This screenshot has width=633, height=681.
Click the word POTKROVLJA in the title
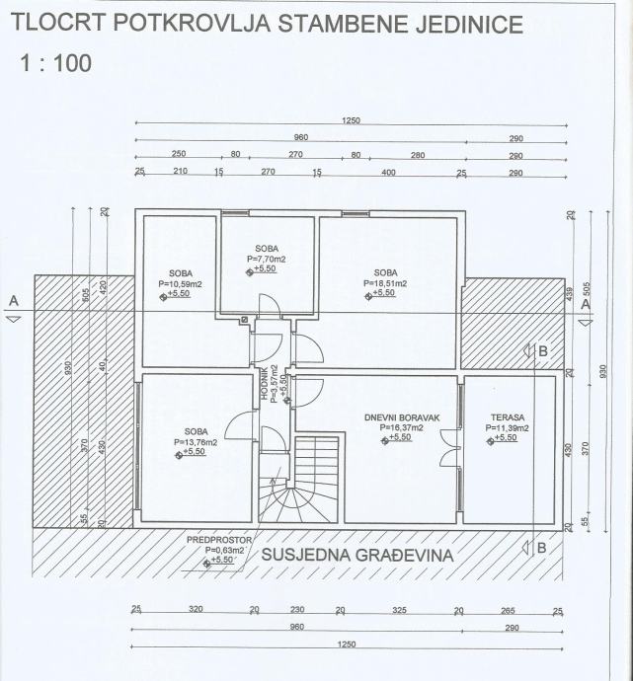click(x=192, y=23)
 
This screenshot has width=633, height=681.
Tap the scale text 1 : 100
click(x=56, y=63)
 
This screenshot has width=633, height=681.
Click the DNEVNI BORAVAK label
click(x=402, y=417)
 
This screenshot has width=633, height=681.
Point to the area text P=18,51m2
click(x=385, y=283)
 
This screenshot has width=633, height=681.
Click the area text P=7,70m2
click(x=267, y=259)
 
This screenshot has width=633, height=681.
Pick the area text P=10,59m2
click(x=181, y=284)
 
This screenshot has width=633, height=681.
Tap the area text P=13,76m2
click(x=196, y=442)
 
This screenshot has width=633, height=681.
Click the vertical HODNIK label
click(x=264, y=383)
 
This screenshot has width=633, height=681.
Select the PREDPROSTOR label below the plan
click(x=219, y=540)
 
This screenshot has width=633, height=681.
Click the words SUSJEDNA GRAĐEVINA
click(x=357, y=555)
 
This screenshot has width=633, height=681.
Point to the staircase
click(x=299, y=479)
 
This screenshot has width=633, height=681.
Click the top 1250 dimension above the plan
click(x=351, y=120)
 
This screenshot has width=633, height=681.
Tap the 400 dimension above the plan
click(x=388, y=172)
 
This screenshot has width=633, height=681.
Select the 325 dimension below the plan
click(x=399, y=610)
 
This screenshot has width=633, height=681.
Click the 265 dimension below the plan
click(x=508, y=610)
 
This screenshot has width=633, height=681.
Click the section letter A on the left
click(x=14, y=300)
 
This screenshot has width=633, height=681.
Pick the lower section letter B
click(x=541, y=548)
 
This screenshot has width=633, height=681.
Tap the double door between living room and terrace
click(x=450, y=447)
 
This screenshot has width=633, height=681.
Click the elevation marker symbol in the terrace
click(x=490, y=441)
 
